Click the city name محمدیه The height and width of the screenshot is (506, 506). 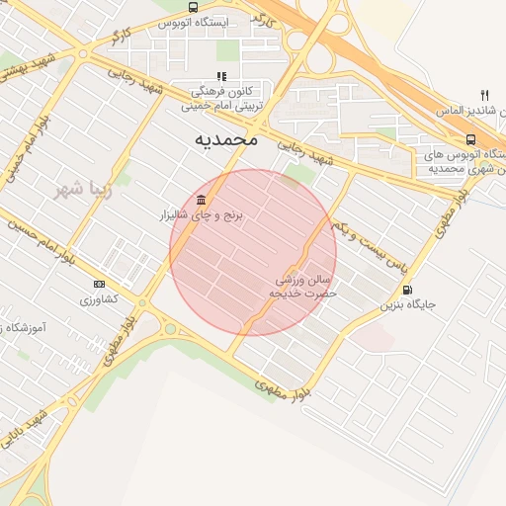[x=226, y=140]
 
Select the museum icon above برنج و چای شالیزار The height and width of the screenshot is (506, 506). [x=213, y=198]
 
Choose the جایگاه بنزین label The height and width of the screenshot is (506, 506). [x=408, y=305]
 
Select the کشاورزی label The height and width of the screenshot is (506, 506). [x=99, y=298]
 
